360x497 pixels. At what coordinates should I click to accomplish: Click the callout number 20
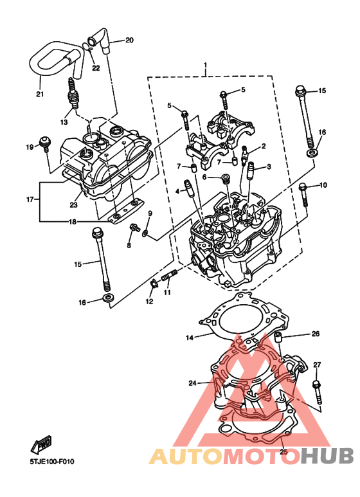[x=129, y=40]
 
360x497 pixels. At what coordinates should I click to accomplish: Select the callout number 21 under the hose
[x=40, y=94]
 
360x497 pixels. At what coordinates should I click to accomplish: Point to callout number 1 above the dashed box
[x=205, y=66]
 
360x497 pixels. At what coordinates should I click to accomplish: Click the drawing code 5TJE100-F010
[x=52, y=461]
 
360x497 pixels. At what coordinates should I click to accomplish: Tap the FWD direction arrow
[x=41, y=444]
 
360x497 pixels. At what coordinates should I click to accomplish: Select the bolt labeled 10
[x=303, y=195]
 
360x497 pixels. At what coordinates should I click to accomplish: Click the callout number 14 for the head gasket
[x=190, y=338]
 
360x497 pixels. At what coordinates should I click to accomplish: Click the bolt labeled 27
[x=317, y=392]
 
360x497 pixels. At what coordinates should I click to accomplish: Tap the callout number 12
[x=149, y=301]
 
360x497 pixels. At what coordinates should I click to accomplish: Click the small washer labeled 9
[x=145, y=233]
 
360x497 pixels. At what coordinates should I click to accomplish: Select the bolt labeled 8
[x=135, y=228]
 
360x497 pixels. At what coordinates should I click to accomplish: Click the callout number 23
[x=73, y=204]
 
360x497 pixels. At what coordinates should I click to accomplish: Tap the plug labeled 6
[x=226, y=178]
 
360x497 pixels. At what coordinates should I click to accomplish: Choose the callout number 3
[x=269, y=167]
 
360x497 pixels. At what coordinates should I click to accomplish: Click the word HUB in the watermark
[x=327, y=456]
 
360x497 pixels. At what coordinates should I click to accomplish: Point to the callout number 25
[x=283, y=451]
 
